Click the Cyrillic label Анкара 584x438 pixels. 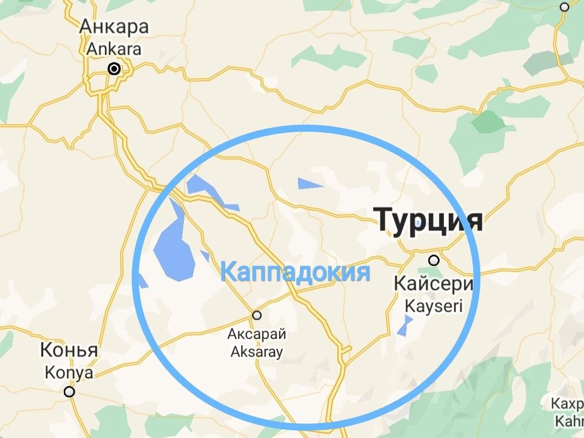tap(114, 26)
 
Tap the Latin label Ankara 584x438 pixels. tap(114, 49)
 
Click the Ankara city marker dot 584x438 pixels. tap(114, 69)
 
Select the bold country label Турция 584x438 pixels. tap(429, 220)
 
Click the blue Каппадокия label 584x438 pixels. tap(296, 272)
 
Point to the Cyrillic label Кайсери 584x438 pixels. tap(434, 283)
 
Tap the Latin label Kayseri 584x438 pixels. tap(434, 306)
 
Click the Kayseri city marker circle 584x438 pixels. tap(434, 261)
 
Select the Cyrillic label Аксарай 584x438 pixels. tap(257, 334)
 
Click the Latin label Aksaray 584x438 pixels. tap(257, 352)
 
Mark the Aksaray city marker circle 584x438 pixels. tap(257, 315)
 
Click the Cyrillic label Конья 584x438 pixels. tap(69, 350)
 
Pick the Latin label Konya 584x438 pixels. tap(69, 373)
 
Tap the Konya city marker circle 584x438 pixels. tap(69, 392)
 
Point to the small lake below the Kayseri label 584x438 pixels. tap(403, 325)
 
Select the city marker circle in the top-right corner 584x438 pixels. tap(565, 7)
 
